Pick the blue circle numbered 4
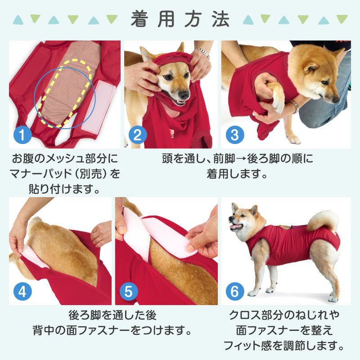tap(22, 292)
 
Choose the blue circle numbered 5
tap(128, 292)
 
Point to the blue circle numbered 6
tap(234, 292)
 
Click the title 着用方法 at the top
tap(180, 20)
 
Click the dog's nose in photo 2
tap(184, 96)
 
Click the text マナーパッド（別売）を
tap(65, 174)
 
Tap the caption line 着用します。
tap(237, 174)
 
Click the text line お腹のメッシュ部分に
tap(65, 159)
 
